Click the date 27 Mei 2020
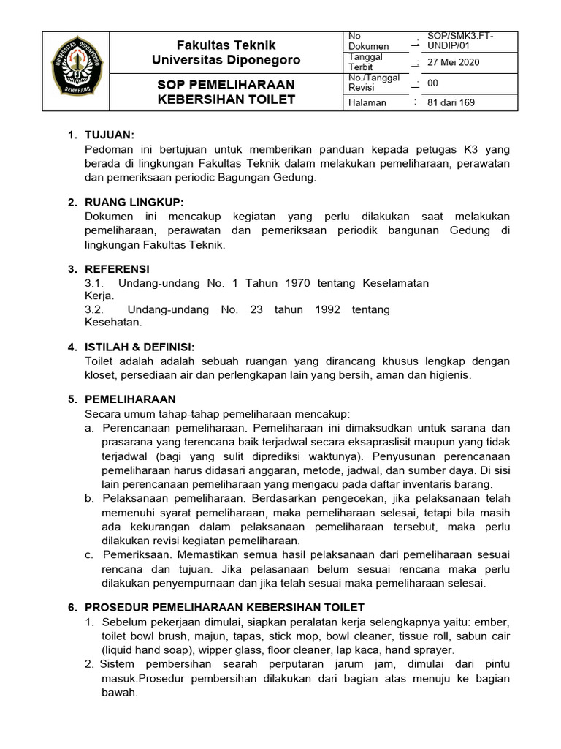pos(453,62)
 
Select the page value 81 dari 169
pos(451,102)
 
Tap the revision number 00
pos(433,83)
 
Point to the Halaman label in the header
pos(367,102)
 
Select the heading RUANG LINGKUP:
pos(134,202)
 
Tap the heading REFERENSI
pos(118,269)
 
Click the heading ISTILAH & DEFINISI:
pos(140,347)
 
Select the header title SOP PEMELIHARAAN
pos(226,84)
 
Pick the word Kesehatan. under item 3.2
pos(114,322)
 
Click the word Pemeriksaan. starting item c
pos(139,555)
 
